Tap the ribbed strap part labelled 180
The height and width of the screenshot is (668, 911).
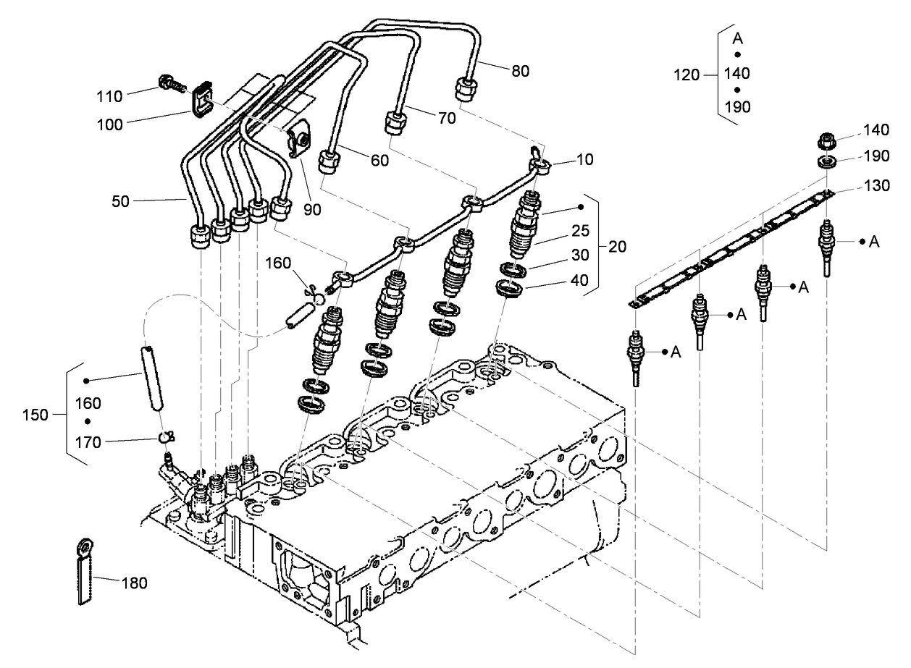point(85,571)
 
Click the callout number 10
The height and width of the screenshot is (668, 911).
point(585,159)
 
